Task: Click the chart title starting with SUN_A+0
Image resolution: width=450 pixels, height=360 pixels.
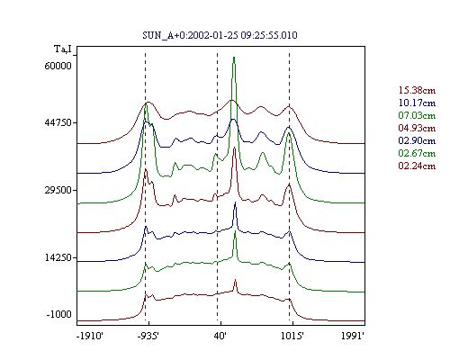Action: tap(220, 35)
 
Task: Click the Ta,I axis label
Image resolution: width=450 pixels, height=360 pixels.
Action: tap(63, 49)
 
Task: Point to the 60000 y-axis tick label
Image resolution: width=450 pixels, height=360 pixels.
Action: tap(58, 66)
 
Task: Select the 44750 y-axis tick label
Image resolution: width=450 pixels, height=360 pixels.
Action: tap(57, 122)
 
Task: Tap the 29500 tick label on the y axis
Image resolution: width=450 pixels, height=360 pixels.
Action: tap(58, 190)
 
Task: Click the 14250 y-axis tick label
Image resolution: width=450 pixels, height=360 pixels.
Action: tap(58, 257)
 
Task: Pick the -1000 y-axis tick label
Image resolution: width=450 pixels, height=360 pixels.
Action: tap(59, 314)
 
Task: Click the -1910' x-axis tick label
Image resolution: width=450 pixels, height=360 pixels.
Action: tap(90, 336)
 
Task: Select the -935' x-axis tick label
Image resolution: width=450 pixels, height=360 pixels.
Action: tap(148, 336)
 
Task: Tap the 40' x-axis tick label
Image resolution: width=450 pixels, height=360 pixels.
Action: tap(220, 336)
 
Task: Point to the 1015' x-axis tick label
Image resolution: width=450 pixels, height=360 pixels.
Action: tap(292, 336)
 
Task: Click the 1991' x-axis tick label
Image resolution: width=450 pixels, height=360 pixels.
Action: tap(353, 336)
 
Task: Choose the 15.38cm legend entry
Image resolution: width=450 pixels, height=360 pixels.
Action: tap(417, 90)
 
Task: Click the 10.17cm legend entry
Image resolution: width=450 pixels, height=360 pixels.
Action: tap(417, 103)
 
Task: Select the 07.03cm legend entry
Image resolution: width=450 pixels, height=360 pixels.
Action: tap(417, 115)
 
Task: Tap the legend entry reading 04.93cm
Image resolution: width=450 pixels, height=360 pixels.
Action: tap(417, 128)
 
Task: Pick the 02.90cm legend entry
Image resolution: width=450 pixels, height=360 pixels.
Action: tap(417, 140)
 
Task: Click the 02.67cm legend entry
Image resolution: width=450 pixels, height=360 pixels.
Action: tap(417, 153)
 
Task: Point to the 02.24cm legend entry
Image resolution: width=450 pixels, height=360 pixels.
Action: tap(417, 166)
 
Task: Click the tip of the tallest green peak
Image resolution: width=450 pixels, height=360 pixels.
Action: tap(234, 57)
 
